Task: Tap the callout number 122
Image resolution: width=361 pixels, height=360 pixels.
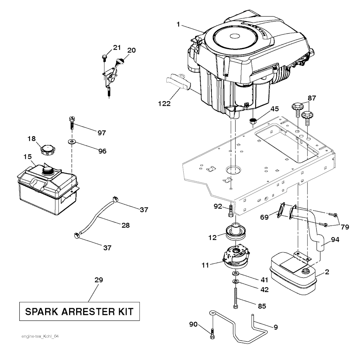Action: pos(164,104)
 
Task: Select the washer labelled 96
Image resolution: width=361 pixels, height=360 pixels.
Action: pos(72,142)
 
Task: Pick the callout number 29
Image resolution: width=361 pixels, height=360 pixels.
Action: pos(99,280)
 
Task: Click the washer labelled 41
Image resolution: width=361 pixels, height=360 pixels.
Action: pos(235,274)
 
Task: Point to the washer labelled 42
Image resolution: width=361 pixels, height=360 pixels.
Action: pos(235,282)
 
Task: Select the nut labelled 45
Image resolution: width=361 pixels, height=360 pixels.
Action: pos(253,121)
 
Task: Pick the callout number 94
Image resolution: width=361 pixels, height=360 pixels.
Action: pos(335,240)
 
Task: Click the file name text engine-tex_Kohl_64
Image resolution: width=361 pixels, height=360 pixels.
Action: pos(40,336)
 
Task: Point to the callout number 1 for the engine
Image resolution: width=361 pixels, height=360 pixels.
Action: pos(178,24)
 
